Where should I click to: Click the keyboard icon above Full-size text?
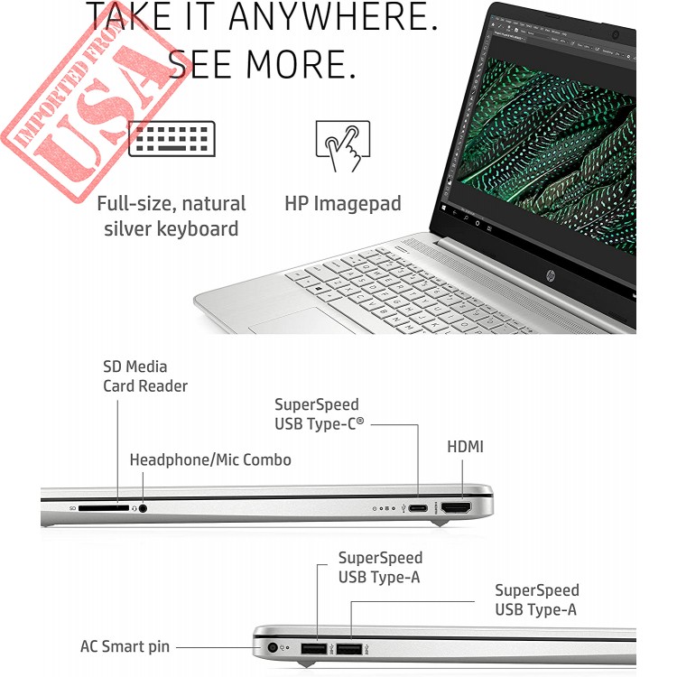pos(172,139)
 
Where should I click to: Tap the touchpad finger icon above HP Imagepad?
pos(343,145)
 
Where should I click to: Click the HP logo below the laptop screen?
pos(551,274)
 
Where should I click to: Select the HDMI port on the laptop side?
pos(456,507)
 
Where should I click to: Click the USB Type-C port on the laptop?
pos(418,507)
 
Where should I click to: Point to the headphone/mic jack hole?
pos(143,508)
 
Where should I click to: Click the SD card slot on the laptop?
pos(104,508)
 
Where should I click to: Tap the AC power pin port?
pos(272,647)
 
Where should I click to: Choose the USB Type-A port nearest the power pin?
pos(314,648)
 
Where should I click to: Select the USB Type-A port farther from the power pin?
pos(348,648)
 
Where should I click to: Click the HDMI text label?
pos(465,447)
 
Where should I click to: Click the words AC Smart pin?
pos(125,647)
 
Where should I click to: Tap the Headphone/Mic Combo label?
pos(210,459)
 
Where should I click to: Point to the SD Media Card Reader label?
pos(145,376)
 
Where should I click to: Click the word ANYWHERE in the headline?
pos(333,16)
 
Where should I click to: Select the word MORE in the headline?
pos(301,64)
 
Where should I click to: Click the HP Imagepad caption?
pos(343,203)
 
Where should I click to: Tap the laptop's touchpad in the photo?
pos(297,321)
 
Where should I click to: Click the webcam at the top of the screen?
pos(616,35)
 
